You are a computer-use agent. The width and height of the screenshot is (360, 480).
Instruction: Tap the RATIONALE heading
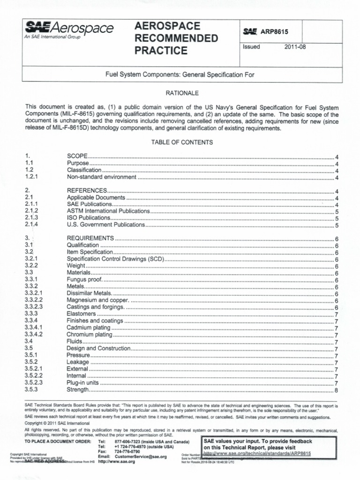180,93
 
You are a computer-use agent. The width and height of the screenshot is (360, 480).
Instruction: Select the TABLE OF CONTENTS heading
180,142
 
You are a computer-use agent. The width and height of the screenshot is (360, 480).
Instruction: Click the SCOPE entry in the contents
78,156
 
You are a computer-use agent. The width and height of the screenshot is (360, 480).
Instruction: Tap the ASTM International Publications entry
108,211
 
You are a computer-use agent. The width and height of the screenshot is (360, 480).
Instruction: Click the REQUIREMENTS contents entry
90,238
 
